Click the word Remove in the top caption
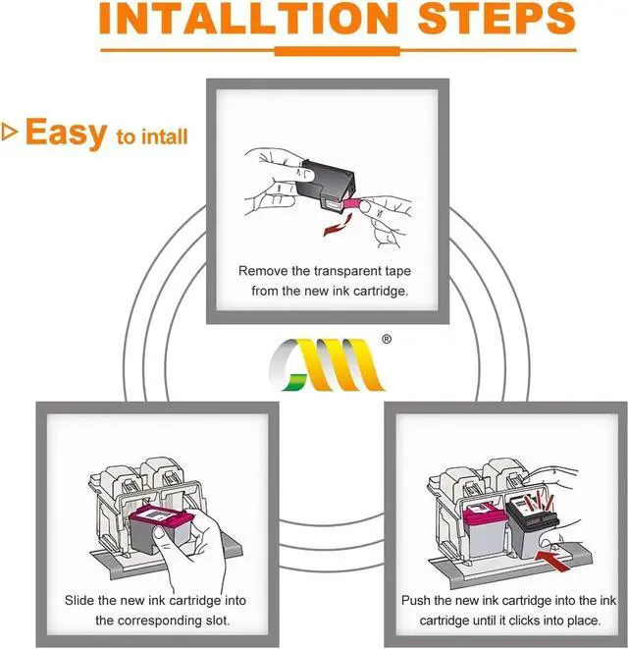click(x=263, y=269)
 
